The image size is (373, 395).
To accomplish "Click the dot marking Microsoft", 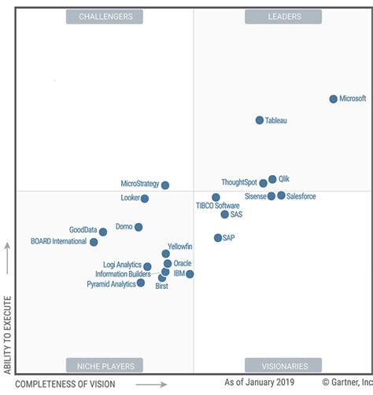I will pyautogui.click(x=333, y=99).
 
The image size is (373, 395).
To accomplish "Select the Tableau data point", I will pyautogui.click(x=260, y=120).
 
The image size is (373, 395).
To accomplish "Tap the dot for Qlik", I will pyautogui.click(x=272, y=179).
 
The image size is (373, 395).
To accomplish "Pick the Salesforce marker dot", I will pyautogui.click(x=281, y=196).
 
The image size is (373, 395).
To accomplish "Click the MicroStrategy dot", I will pyautogui.click(x=165, y=185).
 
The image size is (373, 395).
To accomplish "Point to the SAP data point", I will pyautogui.click(x=218, y=237).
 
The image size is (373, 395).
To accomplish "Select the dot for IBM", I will pyautogui.click(x=190, y=274).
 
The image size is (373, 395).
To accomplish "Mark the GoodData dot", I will pyautogui.click(x=103, y=232).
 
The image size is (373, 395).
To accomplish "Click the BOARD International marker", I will pyautogui.click(x=94, y=242).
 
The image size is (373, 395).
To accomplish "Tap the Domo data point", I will pyautogui.click(x=138, y=227).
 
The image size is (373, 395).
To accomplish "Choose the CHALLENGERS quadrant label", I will pyautogui.click(x=105, y=16).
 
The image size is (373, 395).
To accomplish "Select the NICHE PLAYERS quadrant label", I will pyautogui.click(x=105, y=365).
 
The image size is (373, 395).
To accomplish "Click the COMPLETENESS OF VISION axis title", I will pyautogui.click(x=65, y=384).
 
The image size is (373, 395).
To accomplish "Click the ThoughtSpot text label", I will pyautogui.click(x=238, y=182).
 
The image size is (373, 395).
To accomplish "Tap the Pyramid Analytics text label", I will pyautogui.click(x=111, y=284).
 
